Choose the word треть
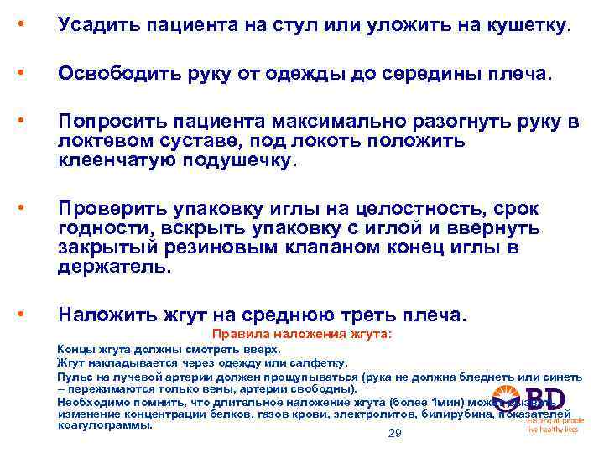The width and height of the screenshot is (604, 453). coord(378,315)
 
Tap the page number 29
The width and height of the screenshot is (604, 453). coord(395,433)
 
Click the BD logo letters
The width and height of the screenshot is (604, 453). coord(544,400)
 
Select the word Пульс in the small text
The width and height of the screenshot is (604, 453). coord(72,377)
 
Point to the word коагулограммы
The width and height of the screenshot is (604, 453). coord(105,424)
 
